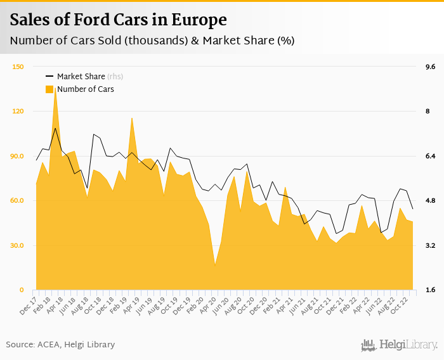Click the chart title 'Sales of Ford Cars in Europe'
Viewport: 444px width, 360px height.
118,20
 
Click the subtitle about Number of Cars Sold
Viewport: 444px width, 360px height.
152,41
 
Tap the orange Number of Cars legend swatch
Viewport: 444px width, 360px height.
49,89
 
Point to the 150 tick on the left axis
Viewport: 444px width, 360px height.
18,67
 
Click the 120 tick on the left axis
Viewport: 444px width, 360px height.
18,112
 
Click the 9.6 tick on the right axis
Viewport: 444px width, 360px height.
430,67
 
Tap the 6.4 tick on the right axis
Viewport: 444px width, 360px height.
430,156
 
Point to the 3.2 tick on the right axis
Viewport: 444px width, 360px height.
430,245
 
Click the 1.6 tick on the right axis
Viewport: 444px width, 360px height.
430,290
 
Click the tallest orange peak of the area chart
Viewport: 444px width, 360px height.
55,89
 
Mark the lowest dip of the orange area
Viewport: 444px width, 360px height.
215,264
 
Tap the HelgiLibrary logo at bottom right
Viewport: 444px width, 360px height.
399,345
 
